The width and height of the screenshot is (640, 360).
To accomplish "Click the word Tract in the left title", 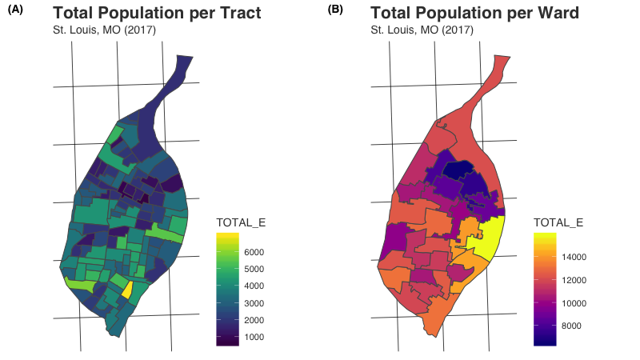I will tap(237, 14).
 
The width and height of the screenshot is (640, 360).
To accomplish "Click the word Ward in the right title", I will tap(557, 14).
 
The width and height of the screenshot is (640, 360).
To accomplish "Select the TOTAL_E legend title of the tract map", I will tap(242, 222).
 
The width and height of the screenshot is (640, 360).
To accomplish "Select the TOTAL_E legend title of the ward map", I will tap(558, 222).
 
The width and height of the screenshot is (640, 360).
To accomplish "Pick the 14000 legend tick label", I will tap(574, 257).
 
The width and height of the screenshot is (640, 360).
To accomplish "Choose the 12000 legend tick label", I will tap(574, 280).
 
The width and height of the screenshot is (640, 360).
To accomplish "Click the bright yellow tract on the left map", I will tap(126, 290).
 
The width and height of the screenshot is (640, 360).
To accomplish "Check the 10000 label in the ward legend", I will tap(574, 303).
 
